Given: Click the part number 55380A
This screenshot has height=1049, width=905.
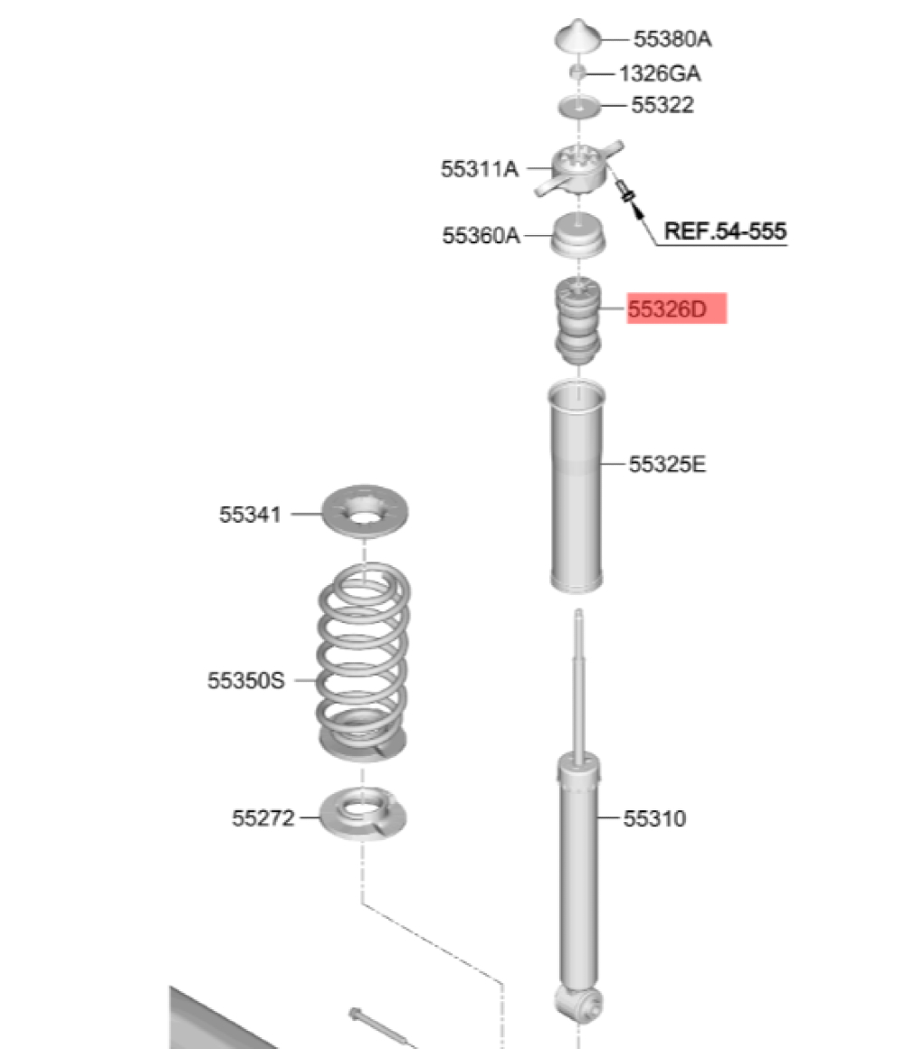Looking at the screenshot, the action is coord(672,39).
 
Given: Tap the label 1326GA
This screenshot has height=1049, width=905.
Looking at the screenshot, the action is coord(660,73).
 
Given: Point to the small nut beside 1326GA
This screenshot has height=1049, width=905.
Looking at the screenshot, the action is coord(577,72).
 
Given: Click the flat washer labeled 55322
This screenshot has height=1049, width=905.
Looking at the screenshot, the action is coord(579,107).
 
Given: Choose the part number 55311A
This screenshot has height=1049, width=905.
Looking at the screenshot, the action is coord(480,168).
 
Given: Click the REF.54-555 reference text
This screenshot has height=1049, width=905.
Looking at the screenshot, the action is coord(725,231).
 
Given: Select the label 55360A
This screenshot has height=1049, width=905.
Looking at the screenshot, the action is coord(481,235).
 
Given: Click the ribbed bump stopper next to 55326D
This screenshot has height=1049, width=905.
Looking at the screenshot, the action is coord(577,320).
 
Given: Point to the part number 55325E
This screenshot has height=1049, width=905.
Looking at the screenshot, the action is coord(667,464).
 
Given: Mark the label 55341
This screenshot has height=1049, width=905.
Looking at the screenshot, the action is coord(251,514).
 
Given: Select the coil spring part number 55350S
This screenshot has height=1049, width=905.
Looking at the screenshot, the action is coord(245,680).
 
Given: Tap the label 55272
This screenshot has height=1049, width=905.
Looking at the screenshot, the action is coord(263,817).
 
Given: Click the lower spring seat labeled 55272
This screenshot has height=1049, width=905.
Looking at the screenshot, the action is coord(363,814).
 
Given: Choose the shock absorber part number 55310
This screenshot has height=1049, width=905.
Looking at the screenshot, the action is coord(654,818).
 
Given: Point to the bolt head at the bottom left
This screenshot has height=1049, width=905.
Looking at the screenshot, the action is coord(355,1015).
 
